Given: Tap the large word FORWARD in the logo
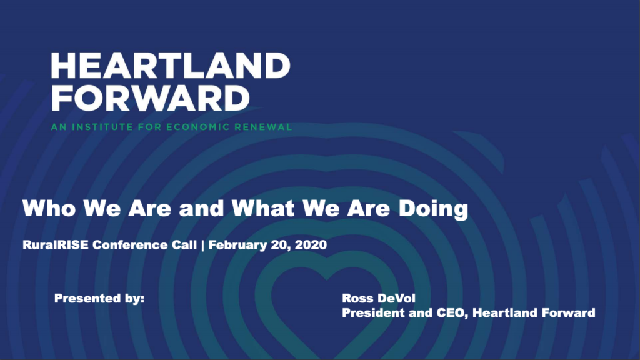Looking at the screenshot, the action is click(150, 98).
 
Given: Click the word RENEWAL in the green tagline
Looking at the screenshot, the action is click(263, 127).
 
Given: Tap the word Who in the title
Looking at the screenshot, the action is click(49, 208).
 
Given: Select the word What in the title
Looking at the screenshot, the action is click(263, 208).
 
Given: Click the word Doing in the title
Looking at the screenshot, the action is click(433, 209).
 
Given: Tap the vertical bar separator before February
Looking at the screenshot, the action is click(203, 245).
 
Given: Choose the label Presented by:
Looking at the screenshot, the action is click(99, 299).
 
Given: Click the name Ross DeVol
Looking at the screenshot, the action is click(379, 298).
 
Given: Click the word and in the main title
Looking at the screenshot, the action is click(201, 208).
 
